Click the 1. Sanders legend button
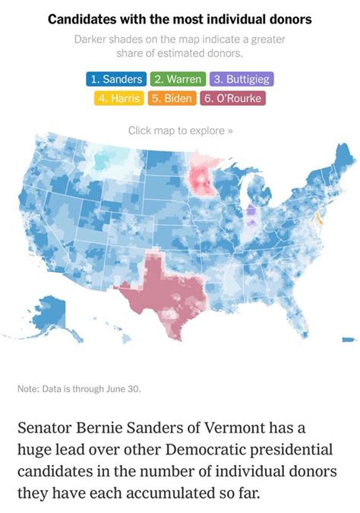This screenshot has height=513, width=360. coord(116,79)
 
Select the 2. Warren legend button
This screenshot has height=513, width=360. coord(177,79)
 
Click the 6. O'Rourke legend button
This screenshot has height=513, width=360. coord(232,98)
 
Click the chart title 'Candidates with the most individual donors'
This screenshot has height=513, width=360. coord(180,18)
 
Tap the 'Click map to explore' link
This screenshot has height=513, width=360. coord(180,130)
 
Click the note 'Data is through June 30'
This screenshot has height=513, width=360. coord(79,390)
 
